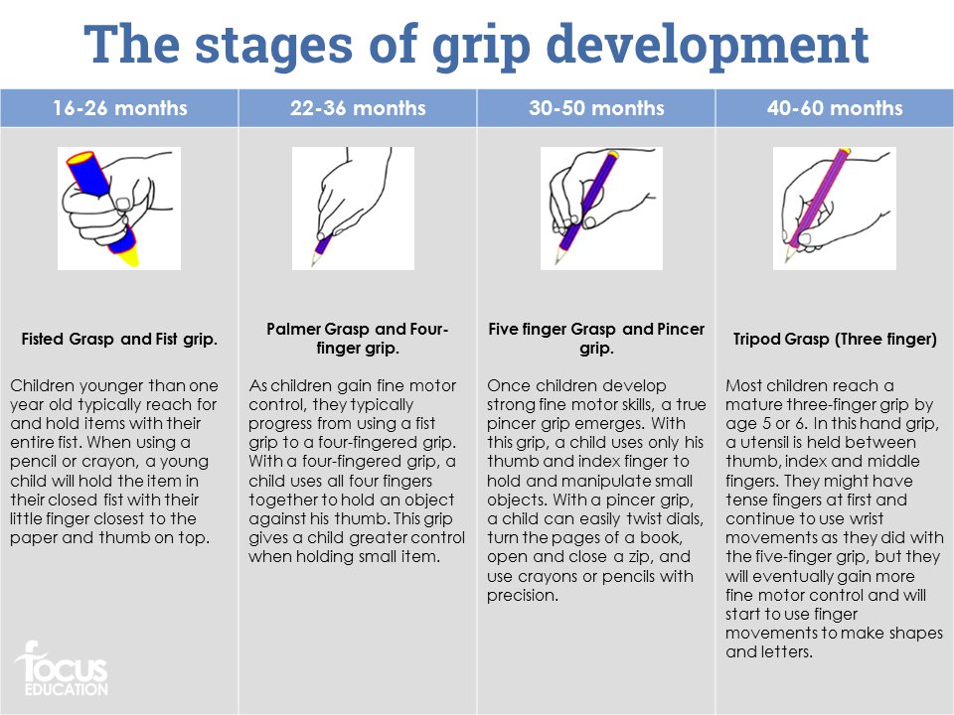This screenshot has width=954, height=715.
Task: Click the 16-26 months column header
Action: coord(119,108)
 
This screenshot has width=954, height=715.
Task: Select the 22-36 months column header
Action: coord(358,108)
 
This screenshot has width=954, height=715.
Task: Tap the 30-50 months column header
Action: coord(596,108)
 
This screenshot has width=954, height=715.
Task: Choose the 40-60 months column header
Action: coord(835,108)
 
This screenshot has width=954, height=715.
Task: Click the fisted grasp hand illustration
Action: coord(119,209)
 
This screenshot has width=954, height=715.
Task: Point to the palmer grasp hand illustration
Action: coord(353,209)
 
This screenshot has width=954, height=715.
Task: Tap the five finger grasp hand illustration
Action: coord(601,209)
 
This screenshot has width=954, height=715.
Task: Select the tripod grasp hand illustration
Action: coord(835,209)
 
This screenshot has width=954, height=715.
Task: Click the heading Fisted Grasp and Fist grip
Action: coord(119,340)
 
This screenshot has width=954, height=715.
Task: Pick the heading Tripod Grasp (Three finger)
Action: coord(835,340)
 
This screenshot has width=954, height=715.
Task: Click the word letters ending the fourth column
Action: coord(787,652)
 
